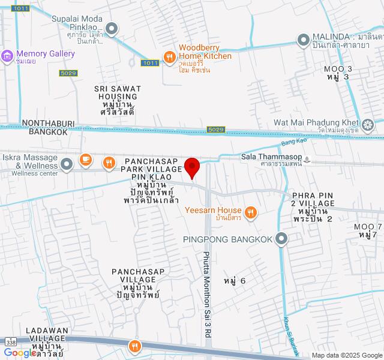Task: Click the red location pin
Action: pos(192,166)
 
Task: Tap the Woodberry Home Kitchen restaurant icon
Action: pos(170,57)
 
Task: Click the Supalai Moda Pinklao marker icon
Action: pos(112,28)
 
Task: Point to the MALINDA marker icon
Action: pos(303,40)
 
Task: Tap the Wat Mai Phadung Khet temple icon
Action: pos(367,125)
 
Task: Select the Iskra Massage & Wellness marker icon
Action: pos(67,162)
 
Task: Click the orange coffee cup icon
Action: pos(86,160)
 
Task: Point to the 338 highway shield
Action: pos(10,341)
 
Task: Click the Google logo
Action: pos(19,353)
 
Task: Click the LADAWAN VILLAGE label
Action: pos(48,339)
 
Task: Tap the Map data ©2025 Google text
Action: pos(346,355)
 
